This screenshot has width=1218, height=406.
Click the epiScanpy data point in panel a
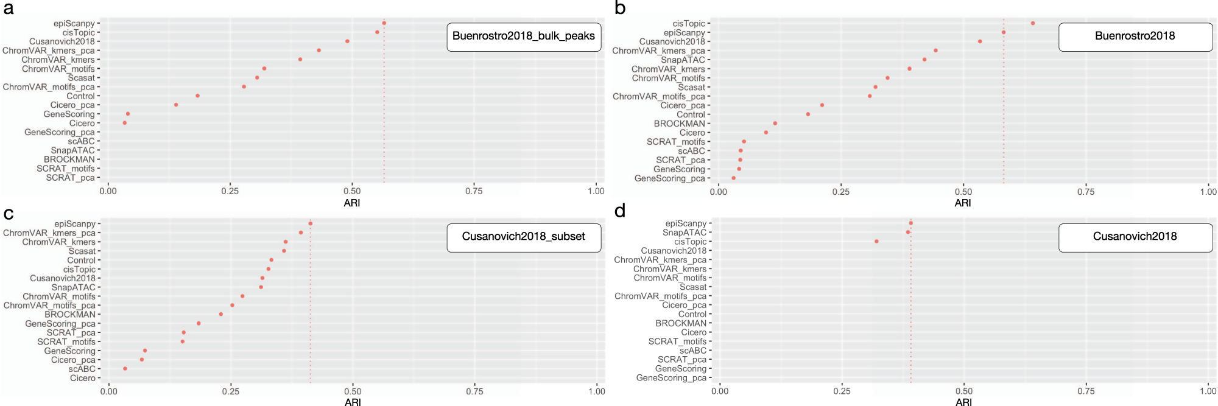(x=384, y=23)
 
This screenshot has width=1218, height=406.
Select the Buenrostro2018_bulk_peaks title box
(x=524, y=37)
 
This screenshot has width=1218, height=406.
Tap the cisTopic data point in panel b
(x=1033, y=23)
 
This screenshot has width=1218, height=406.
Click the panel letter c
(x=9, y=214)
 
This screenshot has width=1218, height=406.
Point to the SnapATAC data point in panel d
(x=908, y=232)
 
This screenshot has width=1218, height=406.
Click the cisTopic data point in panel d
(x=876, y=242)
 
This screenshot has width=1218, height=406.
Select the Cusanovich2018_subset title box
(x=524, y=237)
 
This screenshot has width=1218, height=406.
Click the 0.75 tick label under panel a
(x=474, y=191)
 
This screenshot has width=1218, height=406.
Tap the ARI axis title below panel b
(x=963, y=203)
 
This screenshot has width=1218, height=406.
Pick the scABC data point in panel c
(x=125, y=369)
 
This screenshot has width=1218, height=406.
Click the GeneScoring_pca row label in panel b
(x=669, y=178)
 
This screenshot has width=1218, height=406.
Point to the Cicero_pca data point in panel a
(x=176, y=105)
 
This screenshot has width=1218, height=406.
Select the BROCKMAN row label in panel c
(x=70, y=315)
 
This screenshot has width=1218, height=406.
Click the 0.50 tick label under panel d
(x=964, y=391)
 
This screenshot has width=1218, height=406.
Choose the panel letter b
(x=621, y=8)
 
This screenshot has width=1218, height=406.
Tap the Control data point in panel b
(x=808, y=114)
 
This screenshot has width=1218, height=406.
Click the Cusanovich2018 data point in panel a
(x=347, y=41)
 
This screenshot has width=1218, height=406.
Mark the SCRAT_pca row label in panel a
(x=70, y=178)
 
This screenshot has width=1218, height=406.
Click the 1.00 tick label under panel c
(x=596, y=391)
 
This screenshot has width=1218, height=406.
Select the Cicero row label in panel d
(x=694, y=332)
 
